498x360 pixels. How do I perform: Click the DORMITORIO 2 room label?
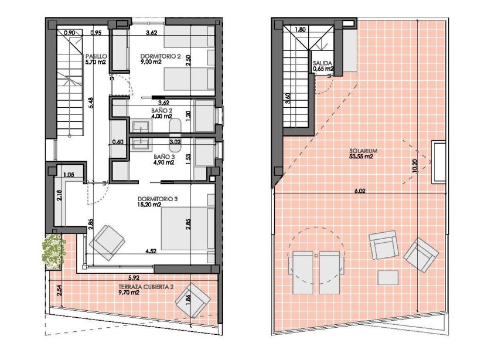click(x=159, y=57)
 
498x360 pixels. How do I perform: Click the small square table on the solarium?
click(x=388, y=277)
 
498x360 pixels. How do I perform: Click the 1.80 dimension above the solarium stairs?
click(x=301, y=29)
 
